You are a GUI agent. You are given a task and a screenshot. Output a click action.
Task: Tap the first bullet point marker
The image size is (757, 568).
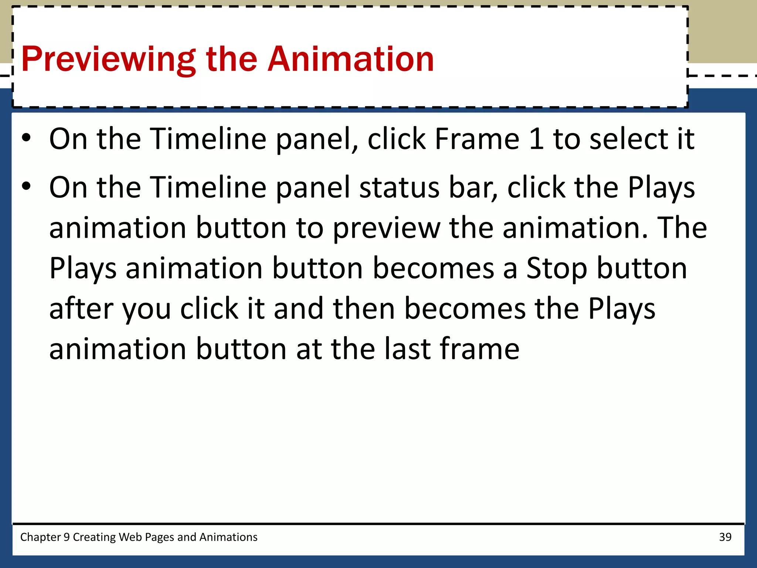26,138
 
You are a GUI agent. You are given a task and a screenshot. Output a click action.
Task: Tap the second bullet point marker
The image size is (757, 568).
26,186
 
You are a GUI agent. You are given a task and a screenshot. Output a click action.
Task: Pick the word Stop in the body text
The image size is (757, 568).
557,268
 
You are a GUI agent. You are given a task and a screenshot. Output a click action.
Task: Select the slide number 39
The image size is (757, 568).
725,537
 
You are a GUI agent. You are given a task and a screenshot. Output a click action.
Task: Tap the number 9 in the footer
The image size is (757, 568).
67,537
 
